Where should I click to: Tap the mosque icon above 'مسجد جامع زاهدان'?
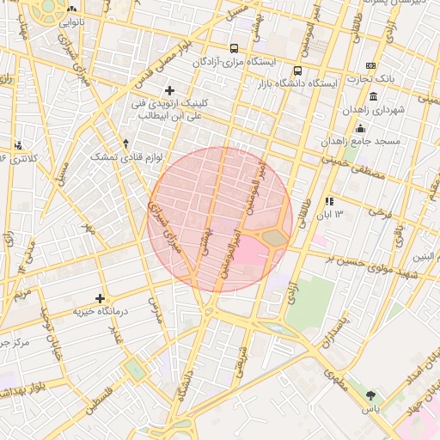point(359,128)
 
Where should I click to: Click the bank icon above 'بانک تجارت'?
point(370,65)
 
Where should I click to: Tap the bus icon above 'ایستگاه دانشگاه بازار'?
point(297,71)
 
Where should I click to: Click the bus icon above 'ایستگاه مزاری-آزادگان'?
point(234,49)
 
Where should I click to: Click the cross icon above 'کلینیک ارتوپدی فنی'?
point(169,90)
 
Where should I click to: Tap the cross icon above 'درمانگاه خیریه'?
point(101,298)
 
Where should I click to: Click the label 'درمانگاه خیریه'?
point(100,311)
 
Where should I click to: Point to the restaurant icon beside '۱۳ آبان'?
point(329,201)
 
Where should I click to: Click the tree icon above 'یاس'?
point(370,395)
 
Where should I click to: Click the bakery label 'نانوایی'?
point(71,23)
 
